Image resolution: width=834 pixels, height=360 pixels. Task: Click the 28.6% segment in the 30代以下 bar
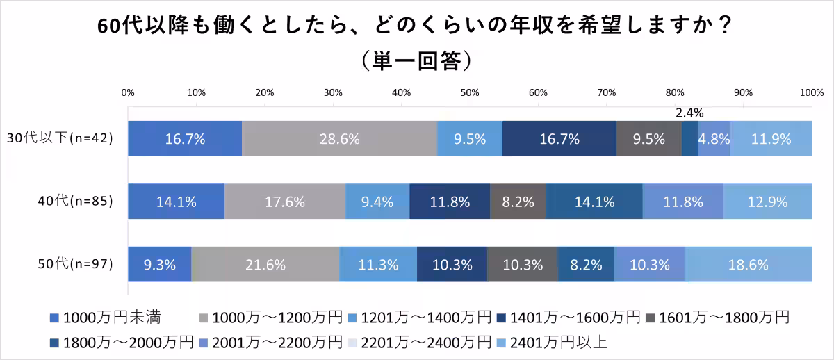[339, 138]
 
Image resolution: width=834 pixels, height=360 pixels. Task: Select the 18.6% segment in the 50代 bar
[748, 265]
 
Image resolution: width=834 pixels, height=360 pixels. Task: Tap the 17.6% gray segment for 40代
[285, 202]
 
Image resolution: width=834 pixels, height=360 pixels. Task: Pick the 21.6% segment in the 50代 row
[265, 265]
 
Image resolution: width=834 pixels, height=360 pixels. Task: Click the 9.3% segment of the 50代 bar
[159, 265]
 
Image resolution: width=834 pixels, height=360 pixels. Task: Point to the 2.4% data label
[690, 113]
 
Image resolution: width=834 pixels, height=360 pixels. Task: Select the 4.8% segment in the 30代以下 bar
[714, 138]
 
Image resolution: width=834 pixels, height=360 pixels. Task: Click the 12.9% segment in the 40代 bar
[767, 202]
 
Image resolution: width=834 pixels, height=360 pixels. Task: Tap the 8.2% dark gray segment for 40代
[518, 202]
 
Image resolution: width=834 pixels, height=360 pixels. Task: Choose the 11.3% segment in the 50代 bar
[378, 265]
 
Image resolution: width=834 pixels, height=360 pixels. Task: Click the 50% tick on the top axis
[470, 92]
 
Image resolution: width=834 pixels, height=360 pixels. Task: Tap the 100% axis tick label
[812, 92]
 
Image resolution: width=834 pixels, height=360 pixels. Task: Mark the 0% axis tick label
[128, 92]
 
